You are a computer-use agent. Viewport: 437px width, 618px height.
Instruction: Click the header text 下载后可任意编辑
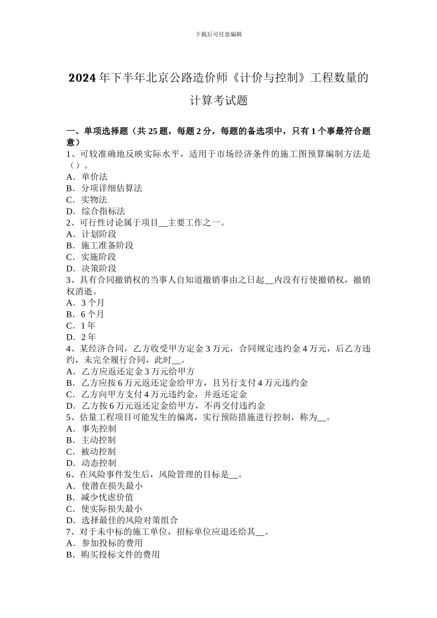pyautogui.click(x=218, y=34)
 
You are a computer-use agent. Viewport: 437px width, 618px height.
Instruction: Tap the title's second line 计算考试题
pyautogui.click(x=218, y=100)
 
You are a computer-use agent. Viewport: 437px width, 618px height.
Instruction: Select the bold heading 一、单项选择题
pyautogui.click(x=97, y=132)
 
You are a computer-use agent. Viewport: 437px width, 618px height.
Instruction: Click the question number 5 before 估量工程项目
pyautogui.click(x=69, y=417)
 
